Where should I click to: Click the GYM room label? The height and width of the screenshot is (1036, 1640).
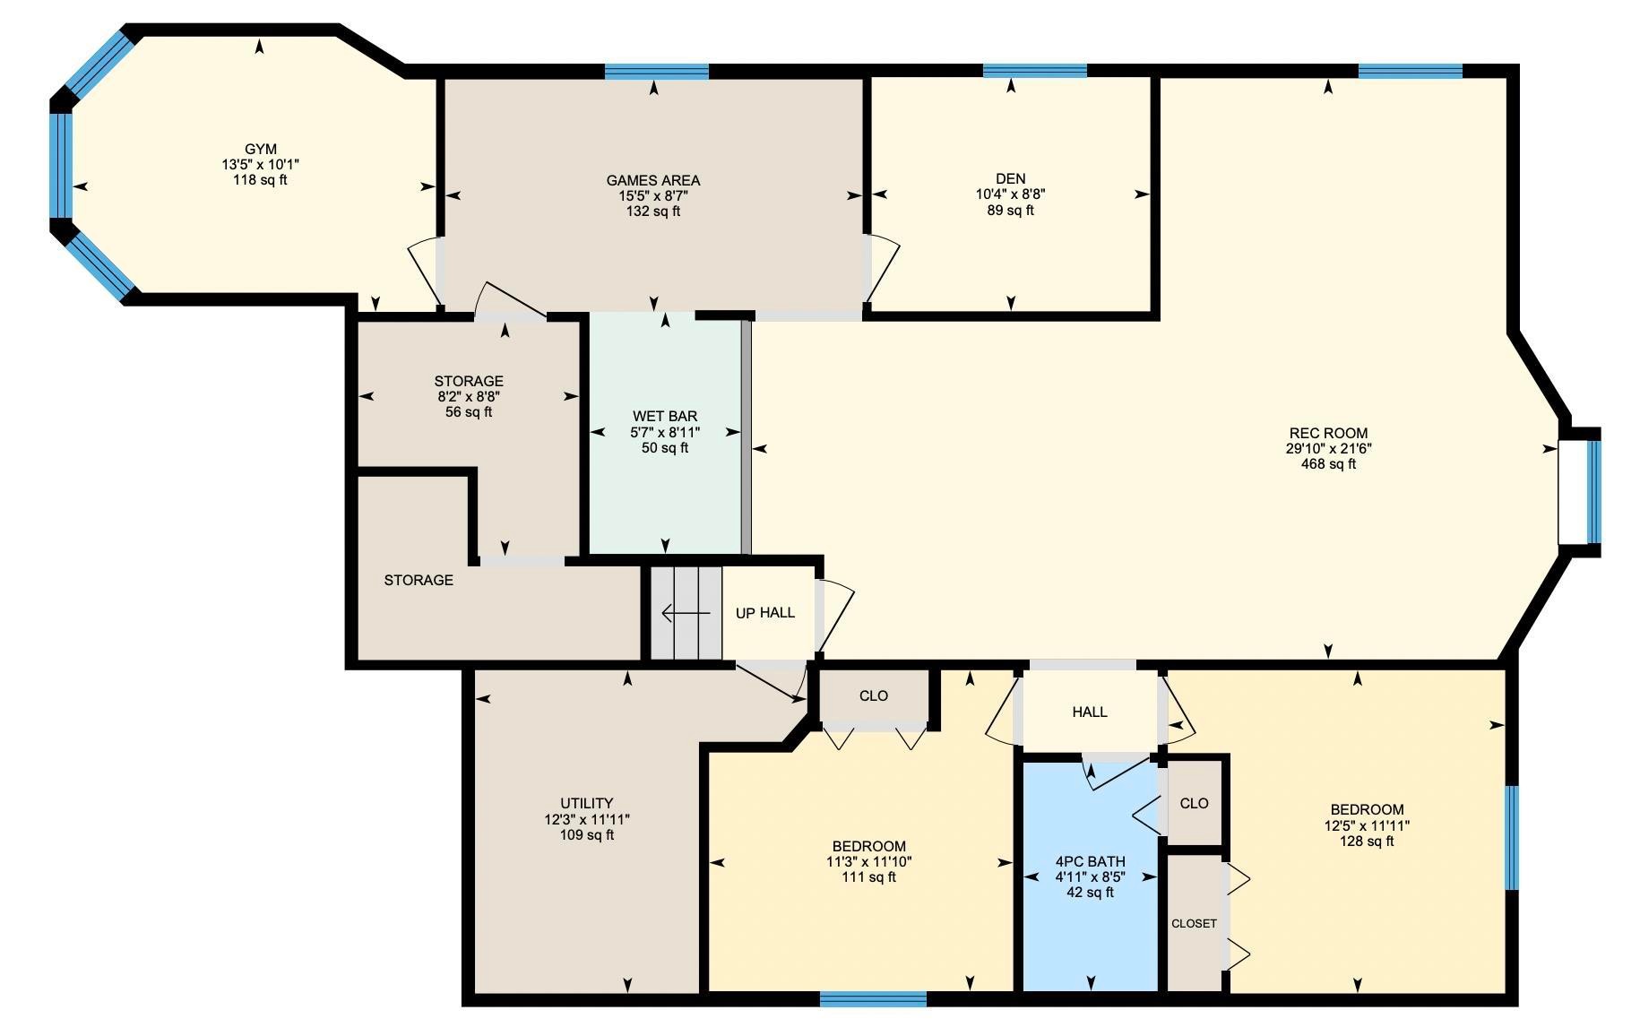[x=260, y=149]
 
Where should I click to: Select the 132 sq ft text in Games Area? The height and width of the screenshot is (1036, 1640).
[x=652, y=212]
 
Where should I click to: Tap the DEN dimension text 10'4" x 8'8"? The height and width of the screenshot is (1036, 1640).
[x=1010, y=194]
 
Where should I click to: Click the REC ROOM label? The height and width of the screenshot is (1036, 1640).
[x=1328, y=433]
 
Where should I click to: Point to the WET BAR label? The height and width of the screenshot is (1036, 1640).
[x=664, y=416]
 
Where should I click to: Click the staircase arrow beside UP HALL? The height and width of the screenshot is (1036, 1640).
[x=685, y=613]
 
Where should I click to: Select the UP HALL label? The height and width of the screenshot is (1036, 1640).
[x=764, y=613]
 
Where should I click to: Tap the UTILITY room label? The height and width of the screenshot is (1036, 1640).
[x=586, y=803]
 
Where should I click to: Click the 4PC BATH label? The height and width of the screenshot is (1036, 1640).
[x=1090, y=861]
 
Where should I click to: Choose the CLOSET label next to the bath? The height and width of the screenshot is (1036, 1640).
[x=1194, y=923]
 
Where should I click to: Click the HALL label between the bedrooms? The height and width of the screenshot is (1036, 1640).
[x=1089, y=712]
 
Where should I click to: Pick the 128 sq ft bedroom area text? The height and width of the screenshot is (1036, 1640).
[x=1367, y=841]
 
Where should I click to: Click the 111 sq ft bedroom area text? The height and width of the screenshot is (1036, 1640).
[x=868, y=876]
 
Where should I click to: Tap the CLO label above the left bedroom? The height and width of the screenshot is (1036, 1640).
[x=873, y=695]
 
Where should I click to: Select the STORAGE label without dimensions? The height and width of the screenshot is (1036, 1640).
[x=419, y=580]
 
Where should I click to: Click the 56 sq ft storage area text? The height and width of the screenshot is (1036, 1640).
[x=468, y=412]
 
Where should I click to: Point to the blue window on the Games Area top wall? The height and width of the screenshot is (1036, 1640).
[x=656, y=72]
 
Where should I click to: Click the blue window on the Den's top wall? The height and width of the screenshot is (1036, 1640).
[x=1034, y=71]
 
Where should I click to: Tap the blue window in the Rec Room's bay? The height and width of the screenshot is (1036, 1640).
[x=1593, y=491]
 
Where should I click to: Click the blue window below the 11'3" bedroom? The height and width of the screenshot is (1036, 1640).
[x=873, y=998]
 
